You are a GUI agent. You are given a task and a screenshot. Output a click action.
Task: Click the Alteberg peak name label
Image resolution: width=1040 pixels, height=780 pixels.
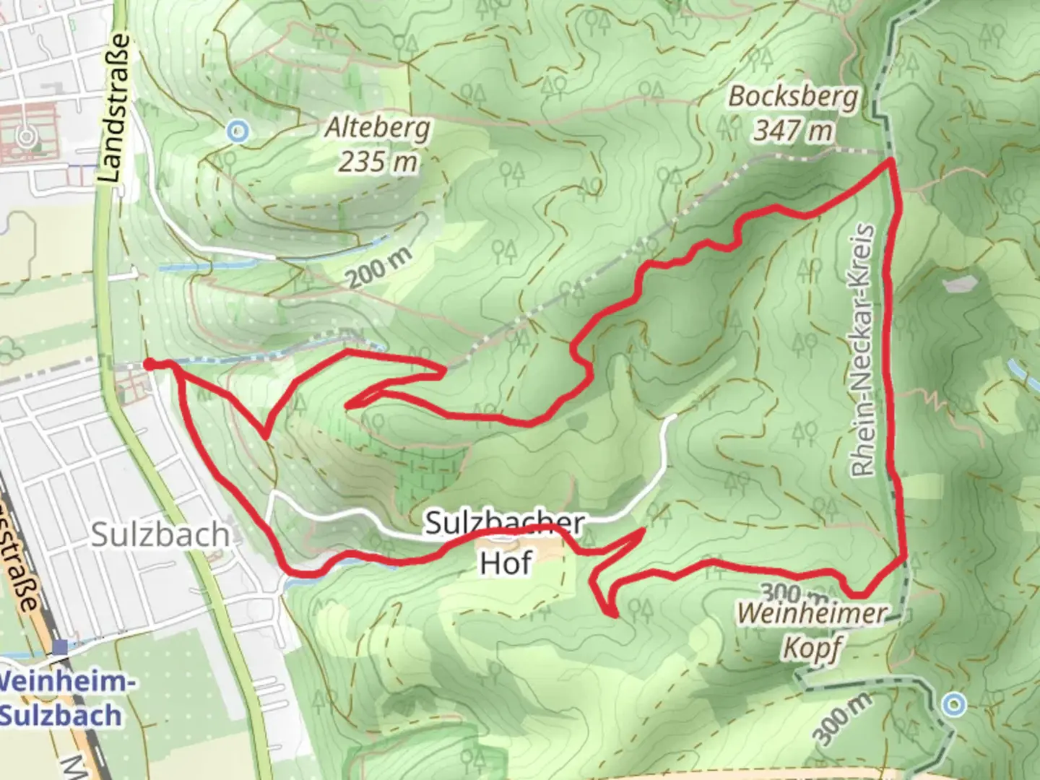pos(377,129)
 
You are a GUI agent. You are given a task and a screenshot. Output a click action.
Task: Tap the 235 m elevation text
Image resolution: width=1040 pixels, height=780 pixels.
pos(378,161)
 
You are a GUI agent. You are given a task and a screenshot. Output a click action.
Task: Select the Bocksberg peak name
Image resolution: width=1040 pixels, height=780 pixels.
pos(793,97)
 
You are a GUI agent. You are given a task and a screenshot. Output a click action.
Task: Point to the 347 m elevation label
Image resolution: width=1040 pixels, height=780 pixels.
pos(793,131)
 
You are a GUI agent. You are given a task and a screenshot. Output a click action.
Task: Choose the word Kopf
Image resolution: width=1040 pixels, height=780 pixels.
pos(812,648)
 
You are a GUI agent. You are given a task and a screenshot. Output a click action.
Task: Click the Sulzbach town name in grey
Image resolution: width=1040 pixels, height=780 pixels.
pos(160,535)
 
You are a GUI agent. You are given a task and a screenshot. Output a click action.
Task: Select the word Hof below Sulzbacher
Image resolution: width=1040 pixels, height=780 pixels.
pos(506,563)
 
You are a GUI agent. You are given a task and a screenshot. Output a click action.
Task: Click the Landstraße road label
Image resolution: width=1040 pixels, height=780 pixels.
pos(118,108)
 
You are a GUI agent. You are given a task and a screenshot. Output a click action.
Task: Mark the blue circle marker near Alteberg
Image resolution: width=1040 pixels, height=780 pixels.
pos(237,131)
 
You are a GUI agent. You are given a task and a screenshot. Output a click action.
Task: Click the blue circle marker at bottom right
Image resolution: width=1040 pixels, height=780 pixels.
pos(955,703)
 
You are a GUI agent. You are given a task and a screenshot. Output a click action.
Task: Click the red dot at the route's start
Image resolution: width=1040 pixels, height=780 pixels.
pos(149,365)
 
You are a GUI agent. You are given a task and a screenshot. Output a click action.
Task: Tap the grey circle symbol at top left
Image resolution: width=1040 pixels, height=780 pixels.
pos(27,136)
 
